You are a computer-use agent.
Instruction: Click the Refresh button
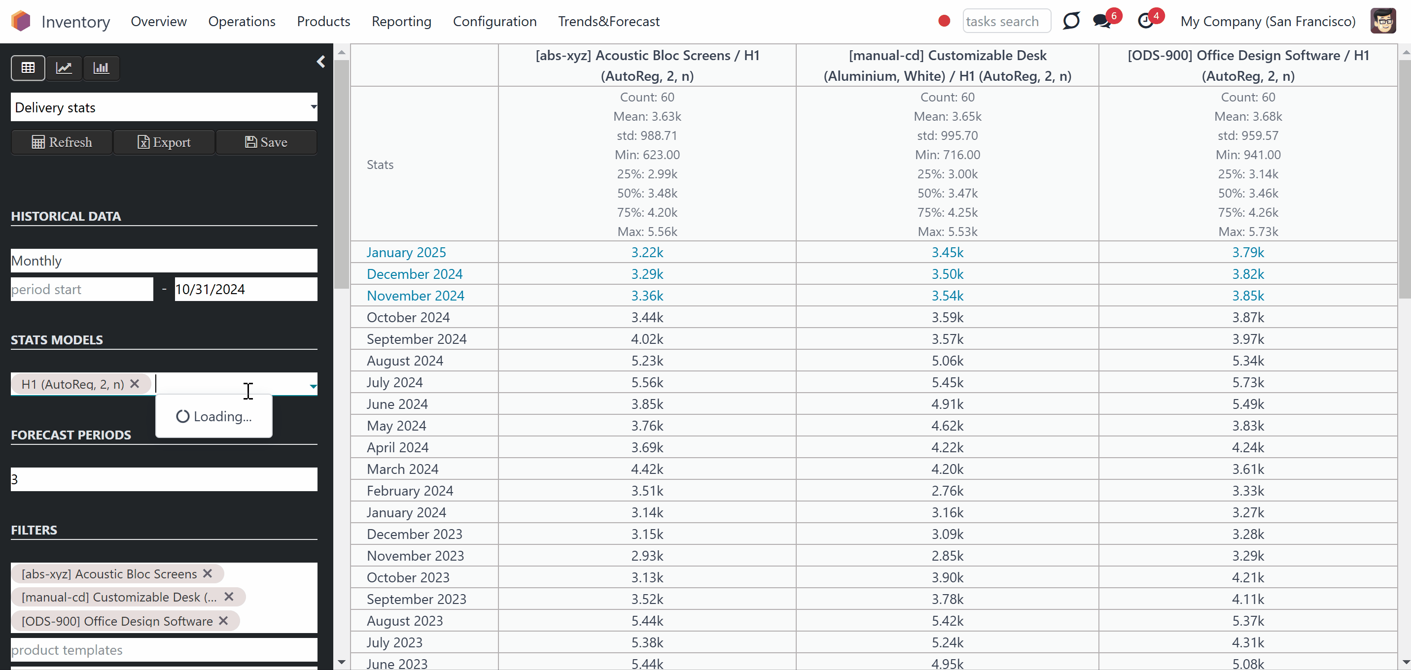click(62, 142)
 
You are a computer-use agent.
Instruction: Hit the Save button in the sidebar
click(266, 142)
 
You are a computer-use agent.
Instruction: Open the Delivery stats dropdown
click(164, 107)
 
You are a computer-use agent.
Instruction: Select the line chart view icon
click(64, 68)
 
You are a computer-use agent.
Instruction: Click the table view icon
click(28, 68)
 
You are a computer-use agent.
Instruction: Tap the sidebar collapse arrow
click(321, 62)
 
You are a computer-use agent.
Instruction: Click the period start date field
click(82, 289)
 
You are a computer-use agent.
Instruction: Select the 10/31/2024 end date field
click(246, 289)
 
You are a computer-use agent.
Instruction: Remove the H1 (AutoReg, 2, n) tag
click(135, 384)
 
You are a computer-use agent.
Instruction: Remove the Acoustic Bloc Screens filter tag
click(208, 573)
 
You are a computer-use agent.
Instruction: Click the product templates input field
click(164, 650)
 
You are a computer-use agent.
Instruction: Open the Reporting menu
click(401, 21)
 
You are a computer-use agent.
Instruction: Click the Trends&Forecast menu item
click(608, 21)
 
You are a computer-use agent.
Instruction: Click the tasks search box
click(1006, 21)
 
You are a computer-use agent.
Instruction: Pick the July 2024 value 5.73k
click(1248, 382)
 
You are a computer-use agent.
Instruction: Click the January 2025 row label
click(406, 252)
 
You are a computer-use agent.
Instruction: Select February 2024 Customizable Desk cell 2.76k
click(947, 491)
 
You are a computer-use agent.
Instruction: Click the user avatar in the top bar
click(1383, 21)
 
